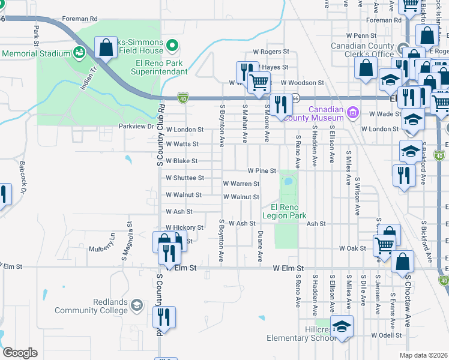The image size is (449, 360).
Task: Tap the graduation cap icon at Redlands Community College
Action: [x=136, y=306]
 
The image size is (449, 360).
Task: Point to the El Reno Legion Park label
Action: [x=285, y=211]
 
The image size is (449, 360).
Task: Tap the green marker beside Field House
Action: [x=173, y=46]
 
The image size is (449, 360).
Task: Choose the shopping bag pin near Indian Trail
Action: [x=106, y=48]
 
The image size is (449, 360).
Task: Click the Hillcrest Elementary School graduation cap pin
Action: [x=342, y=326]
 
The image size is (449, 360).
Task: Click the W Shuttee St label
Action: [x=185, y=178]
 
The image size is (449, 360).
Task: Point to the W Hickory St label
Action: [x=185, y=228]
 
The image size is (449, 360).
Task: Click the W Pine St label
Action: [x=261, y=171]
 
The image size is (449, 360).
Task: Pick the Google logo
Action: [x=20, y=352]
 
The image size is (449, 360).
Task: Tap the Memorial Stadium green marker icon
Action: [x=79, y=53]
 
